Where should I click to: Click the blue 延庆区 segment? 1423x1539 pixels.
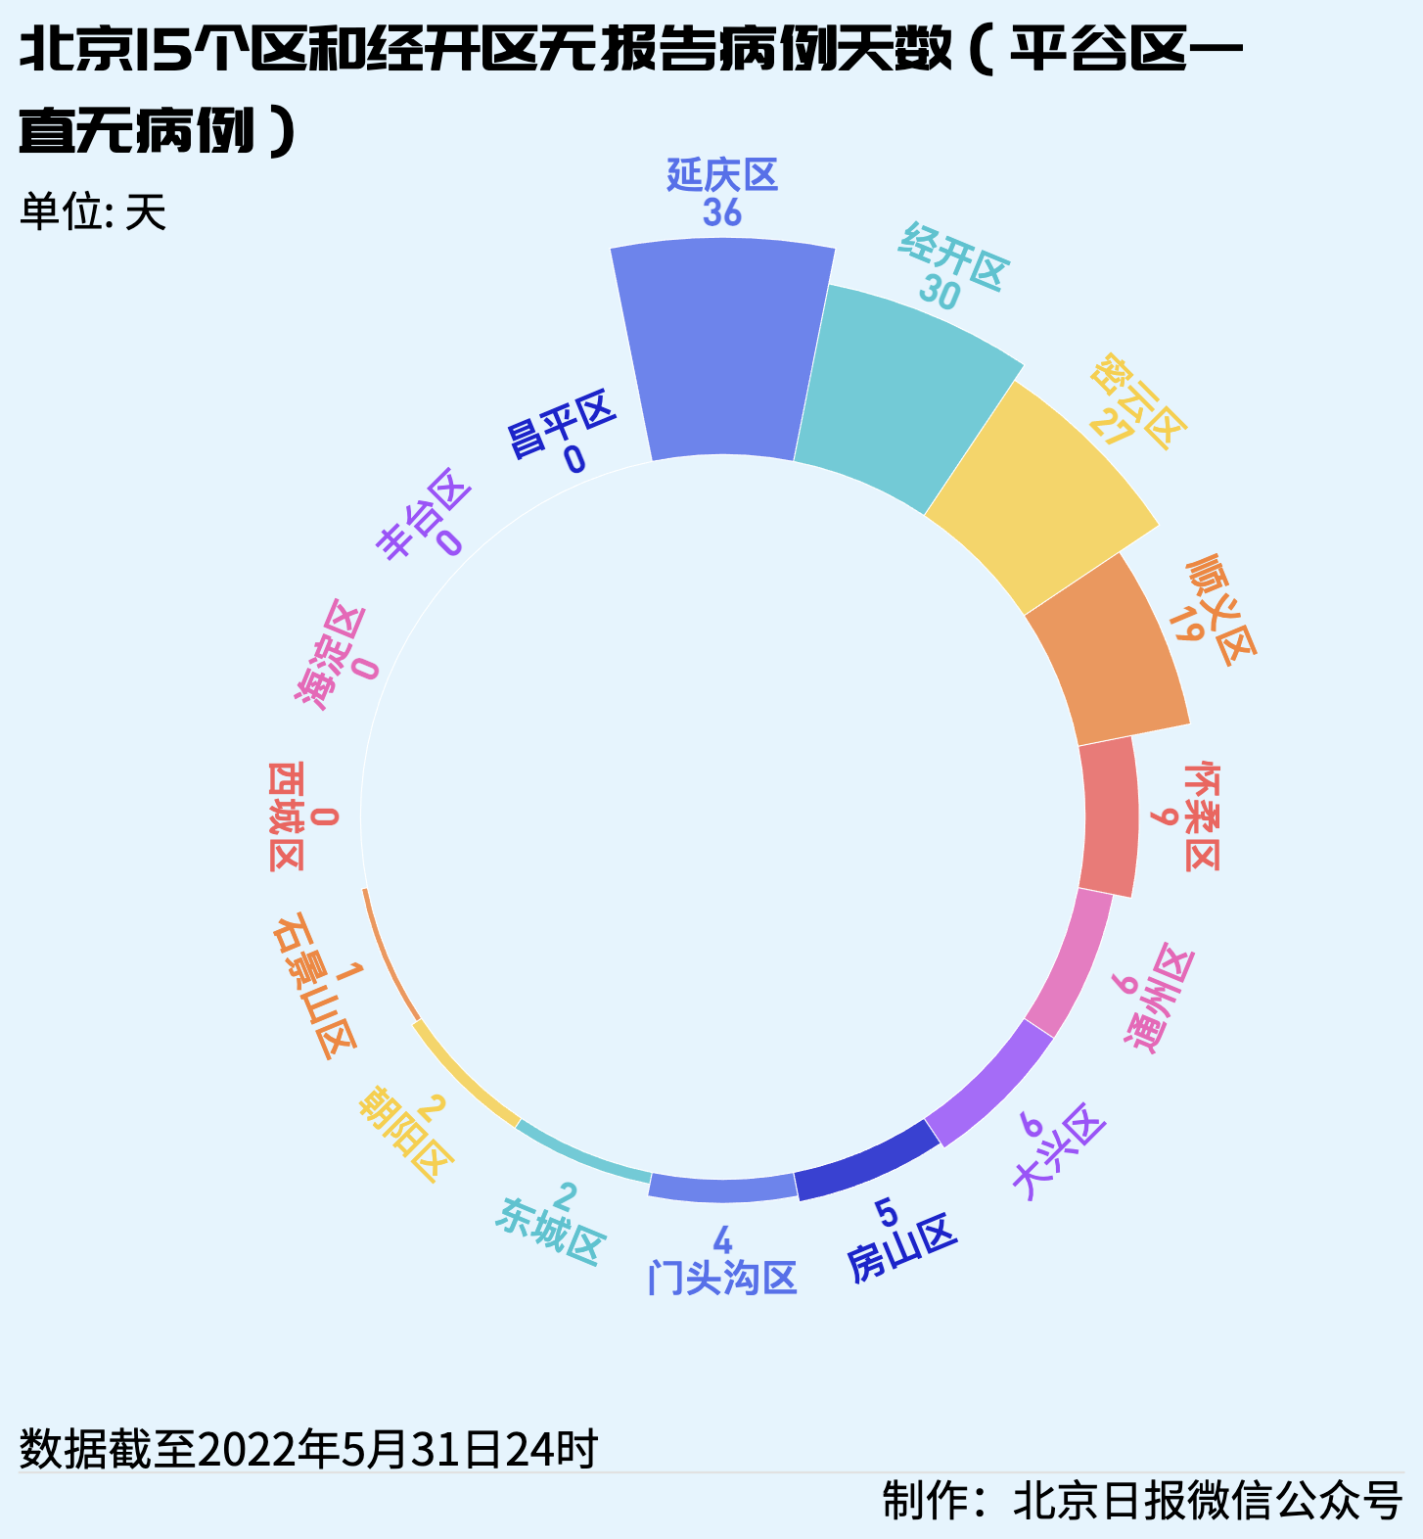724,352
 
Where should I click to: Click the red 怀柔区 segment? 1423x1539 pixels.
1112,817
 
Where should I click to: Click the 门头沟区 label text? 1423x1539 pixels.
722,1279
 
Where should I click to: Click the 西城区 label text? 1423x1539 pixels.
286,816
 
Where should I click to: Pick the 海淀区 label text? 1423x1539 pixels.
330,654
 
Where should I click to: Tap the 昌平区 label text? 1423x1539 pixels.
560,423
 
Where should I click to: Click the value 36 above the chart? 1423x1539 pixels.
722,212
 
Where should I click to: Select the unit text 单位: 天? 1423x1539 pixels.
93,211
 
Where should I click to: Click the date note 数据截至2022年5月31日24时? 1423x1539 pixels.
308,1449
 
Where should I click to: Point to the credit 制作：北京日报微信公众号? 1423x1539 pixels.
1142,1500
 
